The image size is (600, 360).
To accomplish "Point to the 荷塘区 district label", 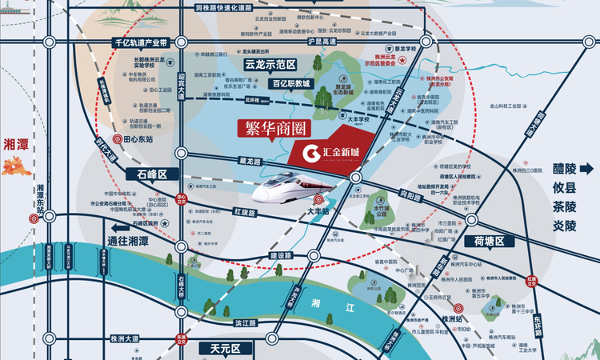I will point(489,241).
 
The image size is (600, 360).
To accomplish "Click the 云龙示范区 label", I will point(270,64).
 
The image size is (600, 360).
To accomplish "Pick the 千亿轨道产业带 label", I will point(140,42).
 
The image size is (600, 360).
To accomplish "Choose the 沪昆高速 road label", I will point(323,41).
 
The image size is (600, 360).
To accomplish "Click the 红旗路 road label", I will point(244,214).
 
